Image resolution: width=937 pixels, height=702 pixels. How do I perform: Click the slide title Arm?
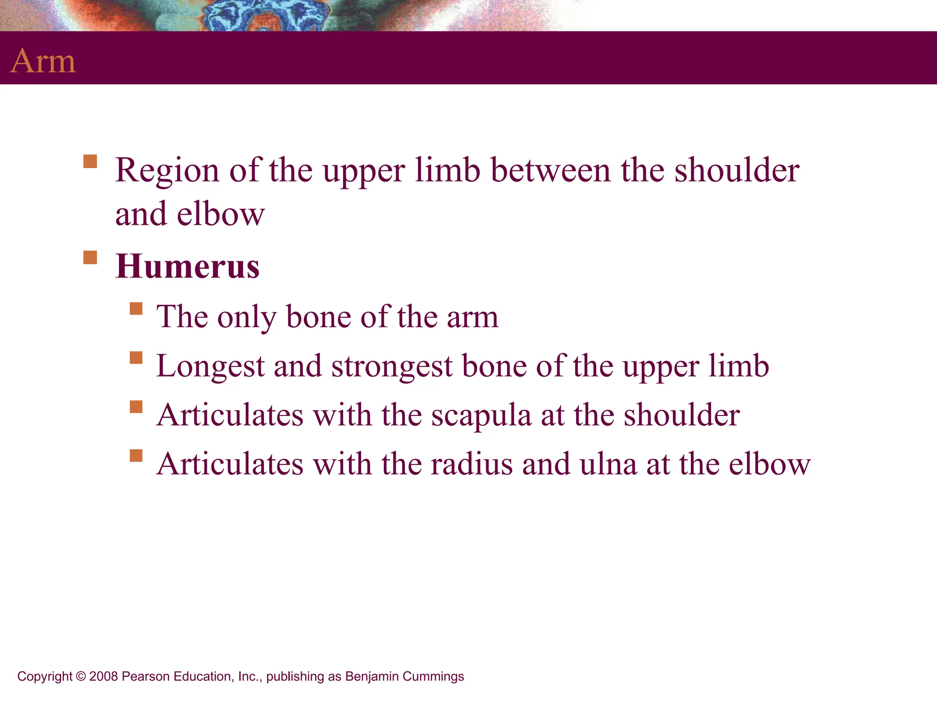point(43,61)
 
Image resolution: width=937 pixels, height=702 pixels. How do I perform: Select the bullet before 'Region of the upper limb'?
point(90,162)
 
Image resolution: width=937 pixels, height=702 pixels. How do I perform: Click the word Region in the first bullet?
point(167,171)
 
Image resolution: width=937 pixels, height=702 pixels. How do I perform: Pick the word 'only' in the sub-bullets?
point(247,317)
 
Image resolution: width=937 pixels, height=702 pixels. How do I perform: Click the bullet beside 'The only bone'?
point(136,309)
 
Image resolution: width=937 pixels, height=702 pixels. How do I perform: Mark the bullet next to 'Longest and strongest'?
point(136,357)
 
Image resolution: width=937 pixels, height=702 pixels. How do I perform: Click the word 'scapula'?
point(481,416)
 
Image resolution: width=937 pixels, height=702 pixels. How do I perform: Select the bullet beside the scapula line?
point(136,406)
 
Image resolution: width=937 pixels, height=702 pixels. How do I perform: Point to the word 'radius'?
point(471,464)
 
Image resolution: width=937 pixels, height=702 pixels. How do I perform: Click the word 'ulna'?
point(608,464)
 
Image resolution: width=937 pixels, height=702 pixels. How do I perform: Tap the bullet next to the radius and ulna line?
point(136,456)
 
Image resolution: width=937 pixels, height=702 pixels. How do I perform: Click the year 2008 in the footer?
point(103,676)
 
